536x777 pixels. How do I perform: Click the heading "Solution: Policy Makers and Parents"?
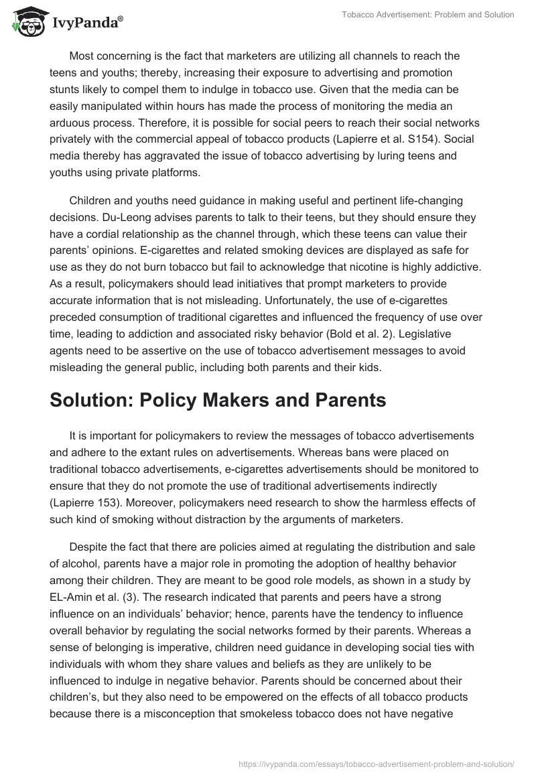(x=218, y=400)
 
